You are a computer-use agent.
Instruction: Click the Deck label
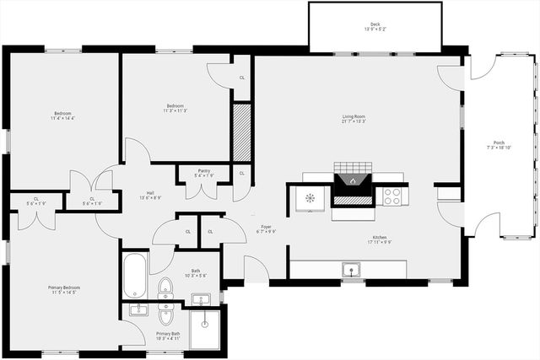click(375, 24)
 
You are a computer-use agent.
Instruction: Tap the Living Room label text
click(353, 116)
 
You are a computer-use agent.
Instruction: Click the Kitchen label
click(379, 237)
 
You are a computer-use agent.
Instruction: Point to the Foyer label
click(265, 225)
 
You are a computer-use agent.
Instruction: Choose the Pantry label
click(204, 170)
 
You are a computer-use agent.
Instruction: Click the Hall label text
click(150, 193)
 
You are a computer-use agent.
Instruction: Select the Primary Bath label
click(168, 334)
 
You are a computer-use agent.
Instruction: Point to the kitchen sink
click(349, 270)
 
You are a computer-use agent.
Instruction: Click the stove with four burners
click(392, 196)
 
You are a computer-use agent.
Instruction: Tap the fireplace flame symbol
click(351, 180)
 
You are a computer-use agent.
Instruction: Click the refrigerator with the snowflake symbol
click(309, 198)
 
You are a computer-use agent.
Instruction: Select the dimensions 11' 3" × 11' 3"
click(175, 110)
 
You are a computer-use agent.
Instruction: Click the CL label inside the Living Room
click(242, 77)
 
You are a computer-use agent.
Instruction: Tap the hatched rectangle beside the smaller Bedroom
click(242, 132)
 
